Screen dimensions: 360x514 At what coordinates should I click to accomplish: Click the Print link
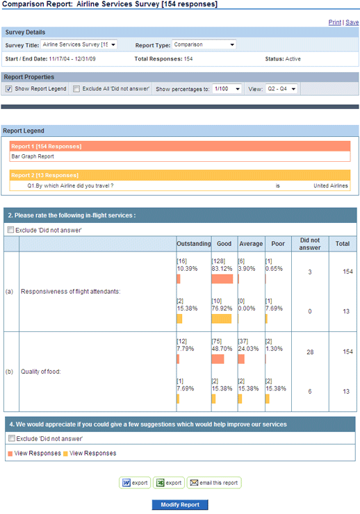[335, 22]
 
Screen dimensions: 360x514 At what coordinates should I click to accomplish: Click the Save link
[352, 22]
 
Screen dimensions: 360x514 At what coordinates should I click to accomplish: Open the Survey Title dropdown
[79, 44]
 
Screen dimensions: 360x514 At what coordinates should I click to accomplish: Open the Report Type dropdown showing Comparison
[204, 44]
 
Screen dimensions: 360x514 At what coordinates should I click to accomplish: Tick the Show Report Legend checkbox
[9, 89]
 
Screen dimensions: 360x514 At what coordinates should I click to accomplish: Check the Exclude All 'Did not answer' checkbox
[76, 89]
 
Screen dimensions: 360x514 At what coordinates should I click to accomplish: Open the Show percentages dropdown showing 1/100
[227, 89]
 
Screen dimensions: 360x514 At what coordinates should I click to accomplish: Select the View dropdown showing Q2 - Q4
[281, 89]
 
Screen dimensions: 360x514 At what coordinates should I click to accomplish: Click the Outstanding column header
[194, 244]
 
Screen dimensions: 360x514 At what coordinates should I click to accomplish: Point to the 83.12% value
[222, 269]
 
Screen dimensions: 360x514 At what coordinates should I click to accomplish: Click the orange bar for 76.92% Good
[221, 319]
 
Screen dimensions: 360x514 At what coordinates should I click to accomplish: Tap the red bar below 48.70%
[218, 359]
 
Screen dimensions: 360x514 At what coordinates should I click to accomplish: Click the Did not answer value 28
[310, 352]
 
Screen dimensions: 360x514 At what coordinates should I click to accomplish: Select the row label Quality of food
[40, 372]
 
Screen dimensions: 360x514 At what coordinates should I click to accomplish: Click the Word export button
[135, 483]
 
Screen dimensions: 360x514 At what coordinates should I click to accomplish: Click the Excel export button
[169, 483]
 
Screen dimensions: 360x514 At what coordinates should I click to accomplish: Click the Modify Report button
[180, 505]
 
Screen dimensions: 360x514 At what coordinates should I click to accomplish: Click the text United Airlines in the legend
[331, 185]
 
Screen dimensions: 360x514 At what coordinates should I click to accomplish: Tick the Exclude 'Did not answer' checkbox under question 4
[12, 438]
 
